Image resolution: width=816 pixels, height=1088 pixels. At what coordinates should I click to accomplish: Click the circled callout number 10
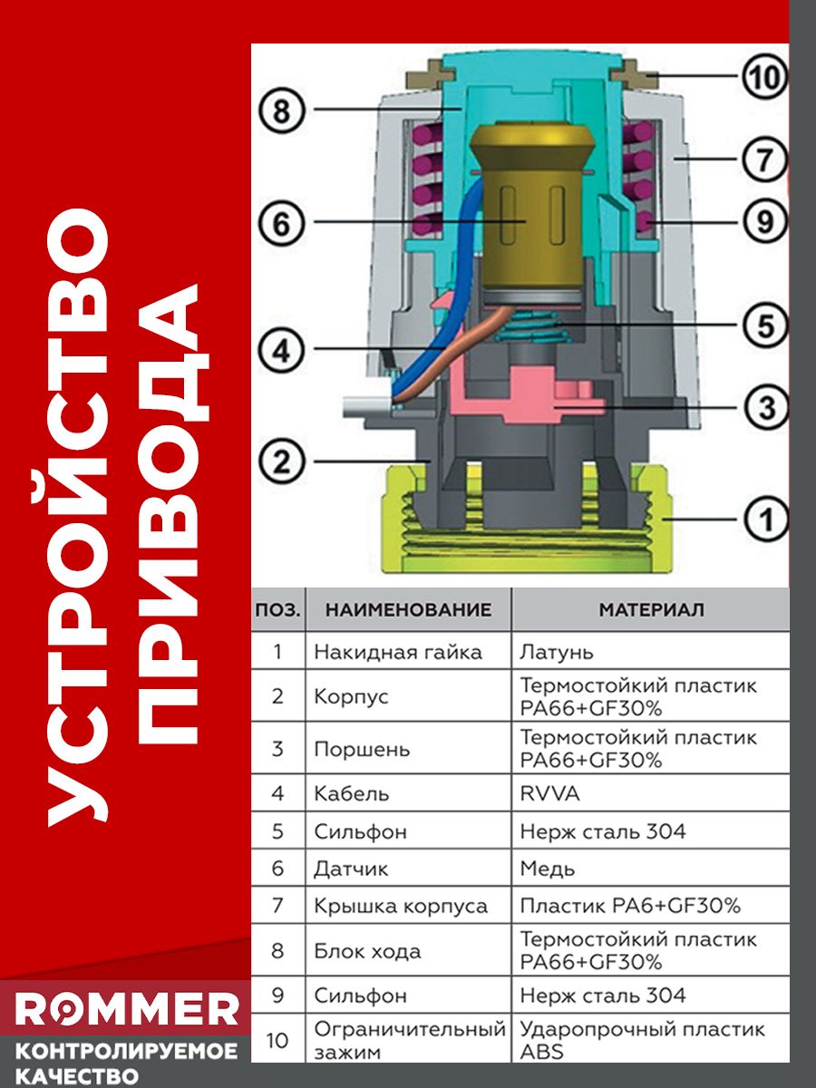[764, 77]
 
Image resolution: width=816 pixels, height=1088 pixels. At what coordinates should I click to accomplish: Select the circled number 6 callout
[281, 223]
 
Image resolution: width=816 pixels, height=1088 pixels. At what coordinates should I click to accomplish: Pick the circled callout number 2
[281, 462]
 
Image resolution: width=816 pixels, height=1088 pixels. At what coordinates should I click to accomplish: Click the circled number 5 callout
[765, 325]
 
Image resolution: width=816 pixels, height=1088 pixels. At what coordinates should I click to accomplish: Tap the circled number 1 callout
[766, 520]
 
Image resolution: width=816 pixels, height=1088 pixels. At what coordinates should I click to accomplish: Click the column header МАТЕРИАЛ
[651, 609]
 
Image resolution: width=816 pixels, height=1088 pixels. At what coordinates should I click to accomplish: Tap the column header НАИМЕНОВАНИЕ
[408, 609]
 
